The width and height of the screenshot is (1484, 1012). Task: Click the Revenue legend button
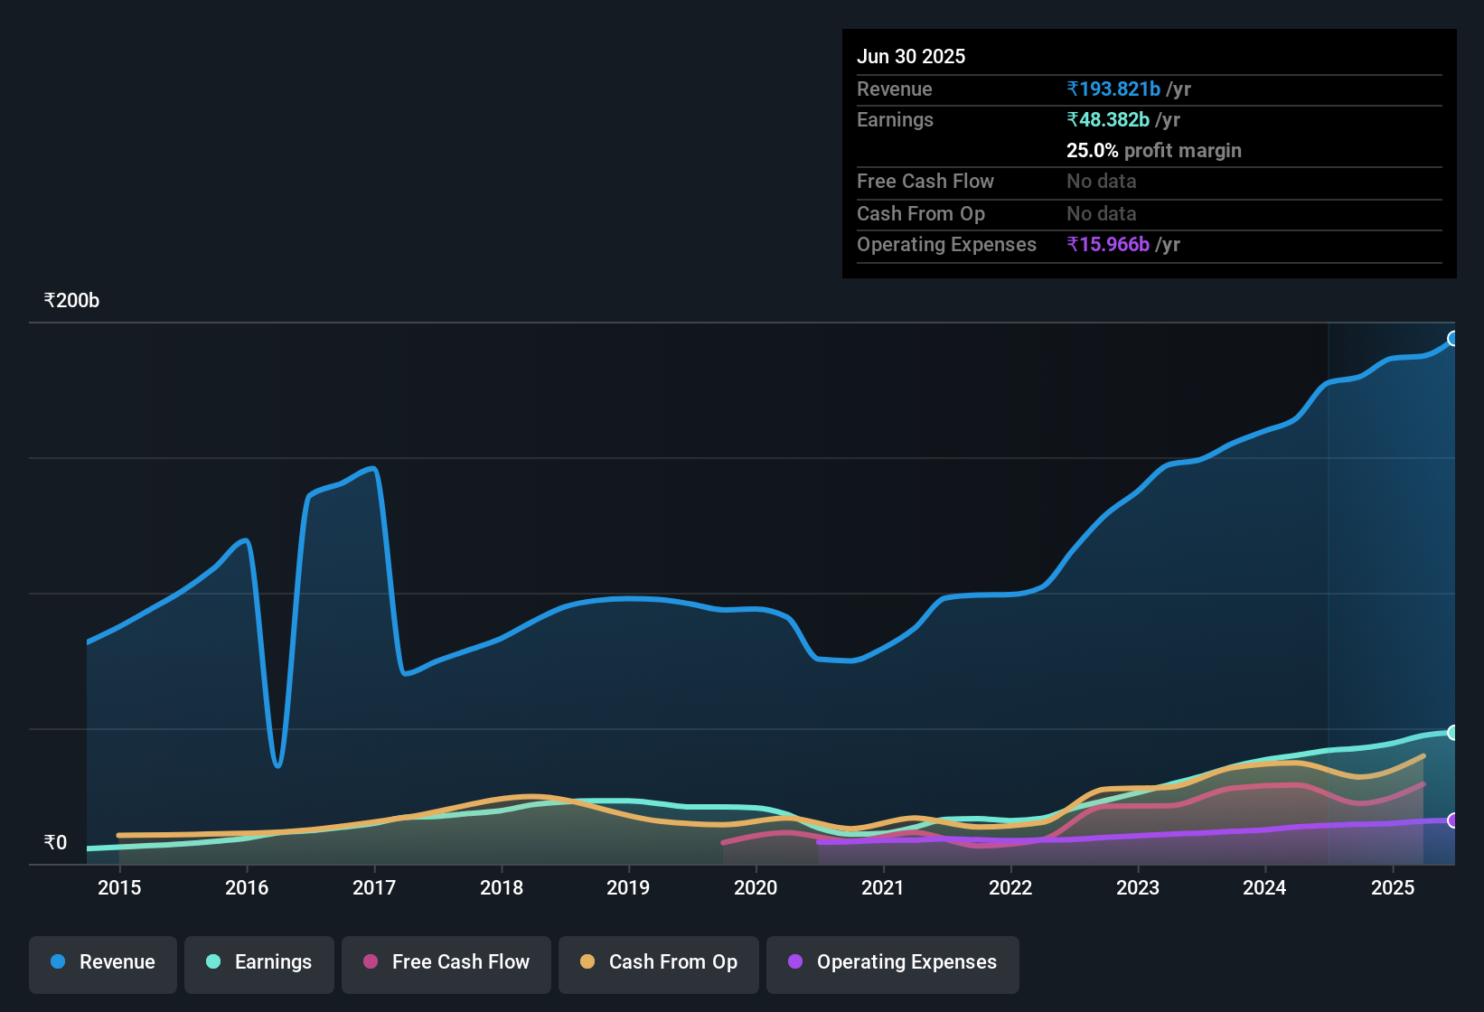(x=103, y=962)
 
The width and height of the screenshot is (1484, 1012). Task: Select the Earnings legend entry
(x=259, y=962)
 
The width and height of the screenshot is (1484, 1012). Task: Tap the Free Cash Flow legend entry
(x=446, y=962)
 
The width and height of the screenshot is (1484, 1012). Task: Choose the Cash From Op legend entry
(x=659, y=962)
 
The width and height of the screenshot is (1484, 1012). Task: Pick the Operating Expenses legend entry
(x=893, y=962)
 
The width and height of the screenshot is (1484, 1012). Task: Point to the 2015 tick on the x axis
(x=119, y=887)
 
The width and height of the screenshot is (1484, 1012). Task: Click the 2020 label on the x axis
(x=756, y=887)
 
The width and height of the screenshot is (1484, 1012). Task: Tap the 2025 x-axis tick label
(x=1392, y=887)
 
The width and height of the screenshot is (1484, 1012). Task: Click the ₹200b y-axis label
(x=72, y=301)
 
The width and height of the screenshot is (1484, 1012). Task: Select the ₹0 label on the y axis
(x=56, y=843)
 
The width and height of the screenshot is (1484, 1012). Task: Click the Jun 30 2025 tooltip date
(x=911, y=57)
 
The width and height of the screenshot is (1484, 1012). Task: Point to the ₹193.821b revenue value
(x=1113, y=89)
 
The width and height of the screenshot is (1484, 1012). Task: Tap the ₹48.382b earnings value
(x=1108, y=120)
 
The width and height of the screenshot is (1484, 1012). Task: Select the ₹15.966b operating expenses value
(x=1108, y=245)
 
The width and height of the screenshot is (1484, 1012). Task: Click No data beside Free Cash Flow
(x=1101, y=182)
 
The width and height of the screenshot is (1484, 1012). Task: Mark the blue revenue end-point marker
(x=1453, y=339)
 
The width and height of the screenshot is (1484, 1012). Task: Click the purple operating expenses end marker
(x=1453, y=820)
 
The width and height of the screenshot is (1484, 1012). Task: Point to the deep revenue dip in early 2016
(x=277, y=764)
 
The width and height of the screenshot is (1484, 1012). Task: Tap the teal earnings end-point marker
(x=1453, y=733)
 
